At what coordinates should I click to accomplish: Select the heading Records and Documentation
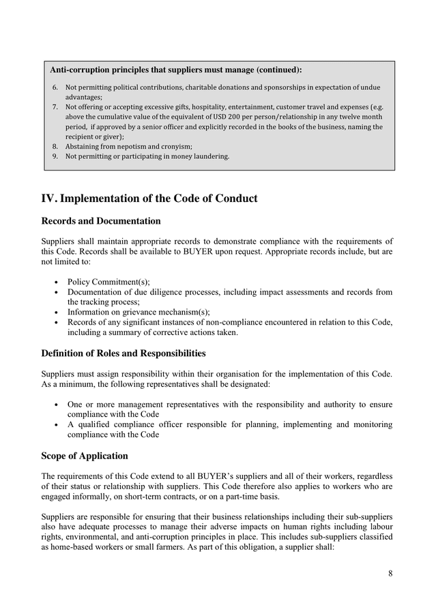pos(101,221)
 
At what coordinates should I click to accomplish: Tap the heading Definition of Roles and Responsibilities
pos(123,353)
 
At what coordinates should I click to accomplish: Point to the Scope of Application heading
pos(85,456)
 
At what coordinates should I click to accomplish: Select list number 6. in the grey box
pos(55,87)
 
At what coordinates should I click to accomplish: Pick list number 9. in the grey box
pos(55,156)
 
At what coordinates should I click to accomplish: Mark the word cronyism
pos(175,146)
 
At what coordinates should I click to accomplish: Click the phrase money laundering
pos(200,156)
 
